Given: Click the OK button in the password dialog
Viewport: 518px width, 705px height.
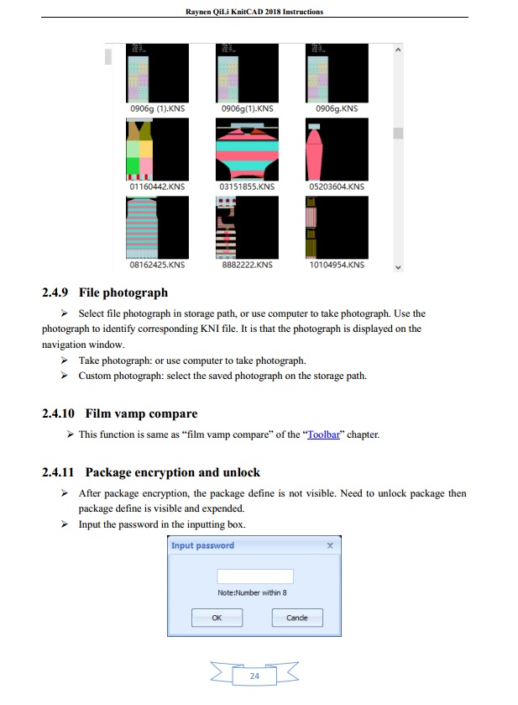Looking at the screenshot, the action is (x=217, y=618).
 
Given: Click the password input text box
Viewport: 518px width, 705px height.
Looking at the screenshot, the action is (x=255, y=576).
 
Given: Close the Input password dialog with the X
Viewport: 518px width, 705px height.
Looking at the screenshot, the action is (x=330, y=545).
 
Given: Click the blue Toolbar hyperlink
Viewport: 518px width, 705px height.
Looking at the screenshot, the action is (x=323, y=434).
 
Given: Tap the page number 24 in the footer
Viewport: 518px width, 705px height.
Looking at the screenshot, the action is (x=254, y=676).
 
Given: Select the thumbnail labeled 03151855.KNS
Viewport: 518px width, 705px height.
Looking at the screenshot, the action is (x=247, y=150).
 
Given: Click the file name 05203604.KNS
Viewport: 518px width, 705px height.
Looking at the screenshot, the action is (x=337, y=187).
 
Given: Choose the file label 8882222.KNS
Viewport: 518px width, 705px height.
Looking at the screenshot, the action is (x=247, y=265).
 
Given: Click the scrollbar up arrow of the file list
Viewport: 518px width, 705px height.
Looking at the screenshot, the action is (x=398, y=50).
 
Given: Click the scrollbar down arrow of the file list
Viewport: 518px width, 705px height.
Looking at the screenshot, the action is (x=398, y=267).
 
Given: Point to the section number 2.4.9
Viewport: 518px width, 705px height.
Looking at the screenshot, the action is (x=55, y=292).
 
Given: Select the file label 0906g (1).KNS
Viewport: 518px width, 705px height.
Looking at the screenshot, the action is (x=157, y=108).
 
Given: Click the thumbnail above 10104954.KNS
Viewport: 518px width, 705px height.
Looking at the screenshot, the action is (x=337, y=228).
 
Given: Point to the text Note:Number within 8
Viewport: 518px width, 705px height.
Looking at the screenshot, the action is (x=252, y=592).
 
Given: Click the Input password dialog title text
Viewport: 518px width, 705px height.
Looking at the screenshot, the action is (x=202, y=545).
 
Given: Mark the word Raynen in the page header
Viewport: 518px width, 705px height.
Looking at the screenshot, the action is (x=196, y=12).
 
